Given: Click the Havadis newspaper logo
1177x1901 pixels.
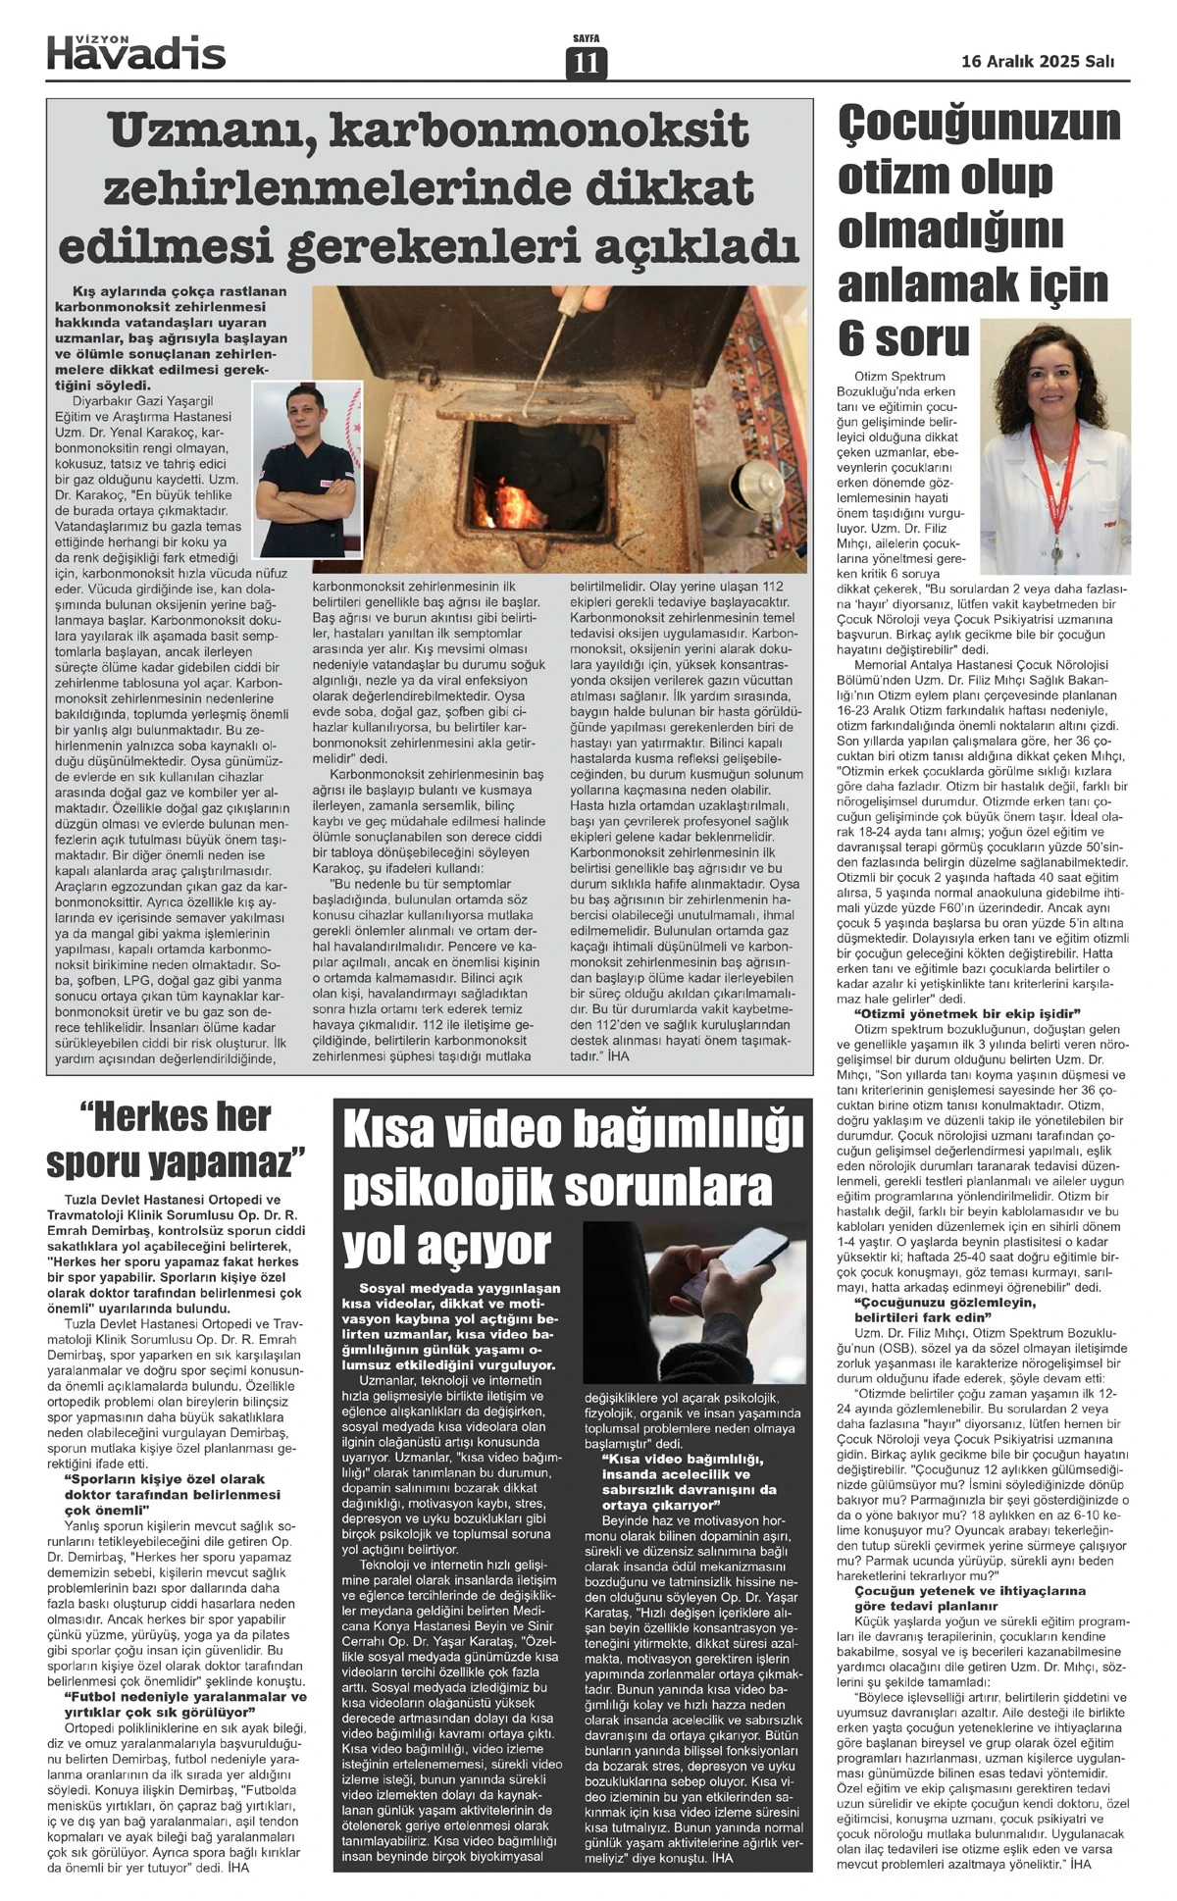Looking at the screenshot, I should coord(136,51).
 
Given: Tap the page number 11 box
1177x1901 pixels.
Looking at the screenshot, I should coord(587,63).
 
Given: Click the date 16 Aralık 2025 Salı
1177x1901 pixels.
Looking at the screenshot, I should coord(1038,61).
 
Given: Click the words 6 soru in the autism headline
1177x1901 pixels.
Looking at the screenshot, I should coord(902,337).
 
